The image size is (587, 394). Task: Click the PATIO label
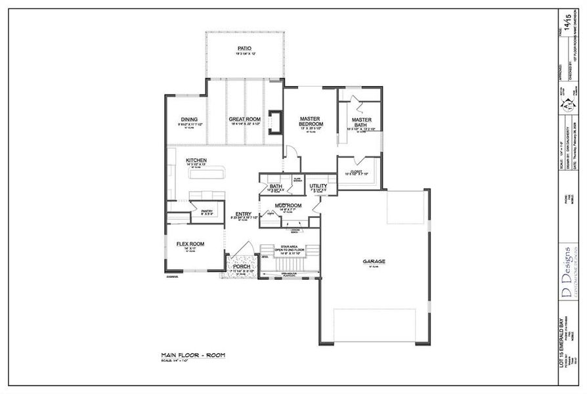coord(244,49)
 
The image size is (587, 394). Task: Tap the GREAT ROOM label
coord(245,120)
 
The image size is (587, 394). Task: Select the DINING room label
coord(189,120)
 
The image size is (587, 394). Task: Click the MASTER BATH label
coord(361,122)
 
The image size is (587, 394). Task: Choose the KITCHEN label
coord(196,160)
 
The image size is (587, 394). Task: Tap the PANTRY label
coord(198,211)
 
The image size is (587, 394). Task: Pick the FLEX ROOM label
coord(190,244)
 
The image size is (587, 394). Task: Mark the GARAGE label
coord(374,261)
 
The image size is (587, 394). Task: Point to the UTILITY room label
coord(318,186)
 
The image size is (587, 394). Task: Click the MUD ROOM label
coord(288,206)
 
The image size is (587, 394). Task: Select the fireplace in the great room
coord(276,123)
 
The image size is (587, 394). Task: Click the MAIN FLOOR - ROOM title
coord(193,355)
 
